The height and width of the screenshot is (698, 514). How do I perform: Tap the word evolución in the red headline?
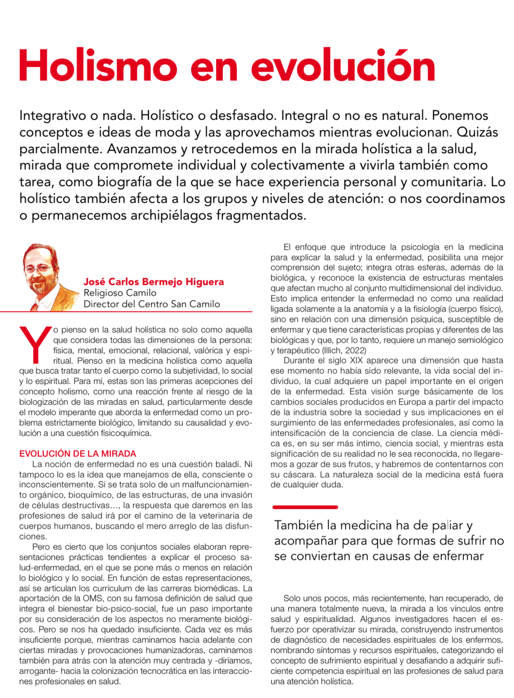(343, 66)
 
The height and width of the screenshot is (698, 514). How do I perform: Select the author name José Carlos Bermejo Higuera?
(153, 282)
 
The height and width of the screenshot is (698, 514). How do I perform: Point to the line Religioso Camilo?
(120, 293)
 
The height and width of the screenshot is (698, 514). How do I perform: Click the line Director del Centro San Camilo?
(152, 304)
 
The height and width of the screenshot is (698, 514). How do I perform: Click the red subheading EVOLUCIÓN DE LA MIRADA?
(78, 454)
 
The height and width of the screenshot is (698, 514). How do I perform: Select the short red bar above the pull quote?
(305, 507)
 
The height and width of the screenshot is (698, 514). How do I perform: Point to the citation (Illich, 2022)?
(344, 350)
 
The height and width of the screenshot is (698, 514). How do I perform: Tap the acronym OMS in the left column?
(95, 599)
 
